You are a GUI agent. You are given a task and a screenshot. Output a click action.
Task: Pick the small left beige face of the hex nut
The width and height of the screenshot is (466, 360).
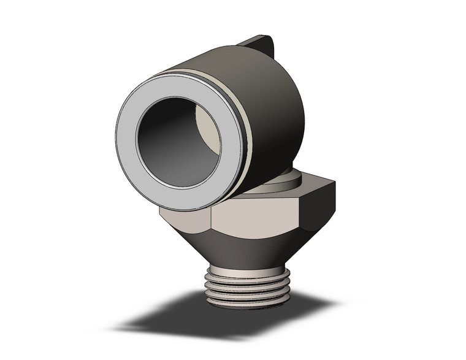184,218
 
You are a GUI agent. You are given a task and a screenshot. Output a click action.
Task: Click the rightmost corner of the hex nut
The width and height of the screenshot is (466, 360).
335,184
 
